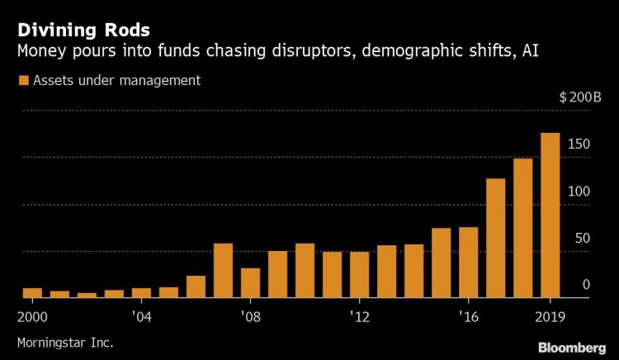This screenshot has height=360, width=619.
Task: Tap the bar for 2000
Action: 32,292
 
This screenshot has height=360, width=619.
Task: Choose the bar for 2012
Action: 359,274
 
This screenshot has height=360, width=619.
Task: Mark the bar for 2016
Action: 468,262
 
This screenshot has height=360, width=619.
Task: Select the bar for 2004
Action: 141,292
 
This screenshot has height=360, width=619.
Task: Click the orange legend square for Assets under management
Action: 22,80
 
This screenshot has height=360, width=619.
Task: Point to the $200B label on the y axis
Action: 575,97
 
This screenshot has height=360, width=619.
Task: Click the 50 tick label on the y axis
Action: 582,239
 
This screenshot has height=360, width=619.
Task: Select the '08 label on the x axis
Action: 250,315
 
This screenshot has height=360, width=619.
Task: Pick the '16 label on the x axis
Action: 468,315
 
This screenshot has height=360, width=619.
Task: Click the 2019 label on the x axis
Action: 550,315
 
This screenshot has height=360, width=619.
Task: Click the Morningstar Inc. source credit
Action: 64,341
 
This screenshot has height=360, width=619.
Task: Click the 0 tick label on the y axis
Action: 586,285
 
